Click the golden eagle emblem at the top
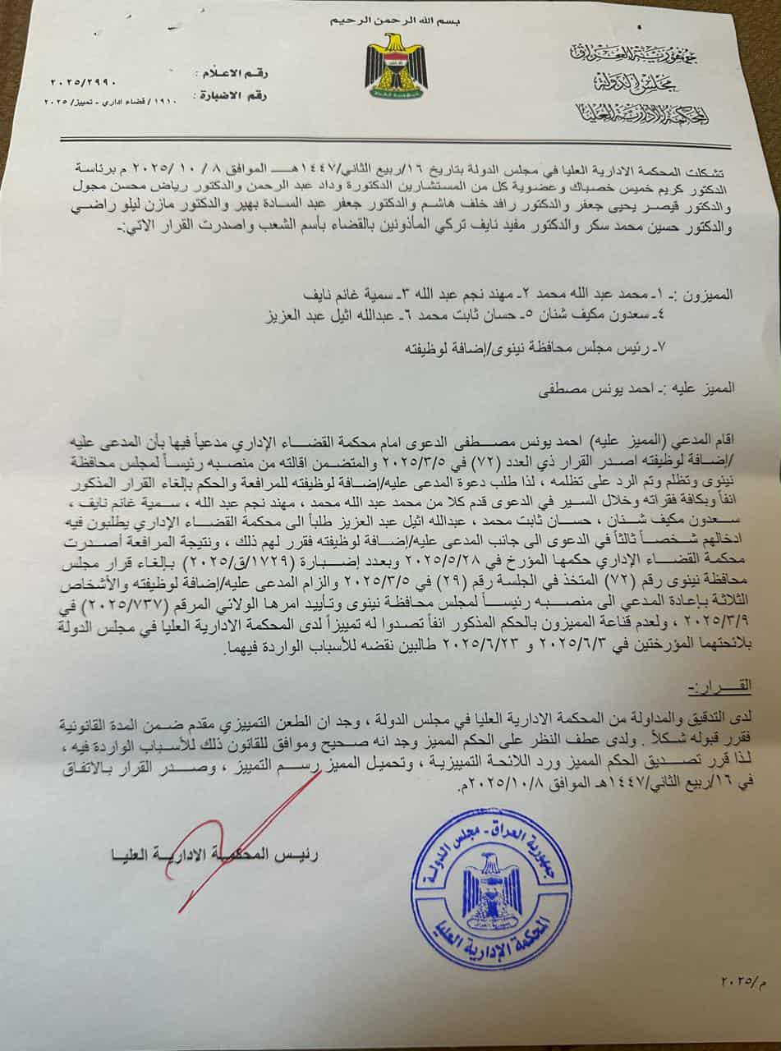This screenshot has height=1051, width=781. tap(396, 65)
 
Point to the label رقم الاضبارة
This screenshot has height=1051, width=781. tap(227, 95)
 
